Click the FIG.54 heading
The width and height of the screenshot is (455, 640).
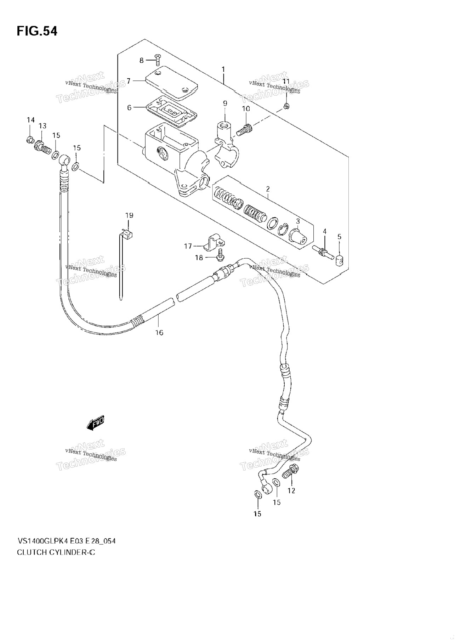37,31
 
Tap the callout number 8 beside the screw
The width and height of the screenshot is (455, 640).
142,61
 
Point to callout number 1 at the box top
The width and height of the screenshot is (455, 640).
223,69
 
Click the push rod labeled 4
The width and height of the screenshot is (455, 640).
323,252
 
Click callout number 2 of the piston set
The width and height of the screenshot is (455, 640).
268,189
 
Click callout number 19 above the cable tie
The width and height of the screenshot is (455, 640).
129,215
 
